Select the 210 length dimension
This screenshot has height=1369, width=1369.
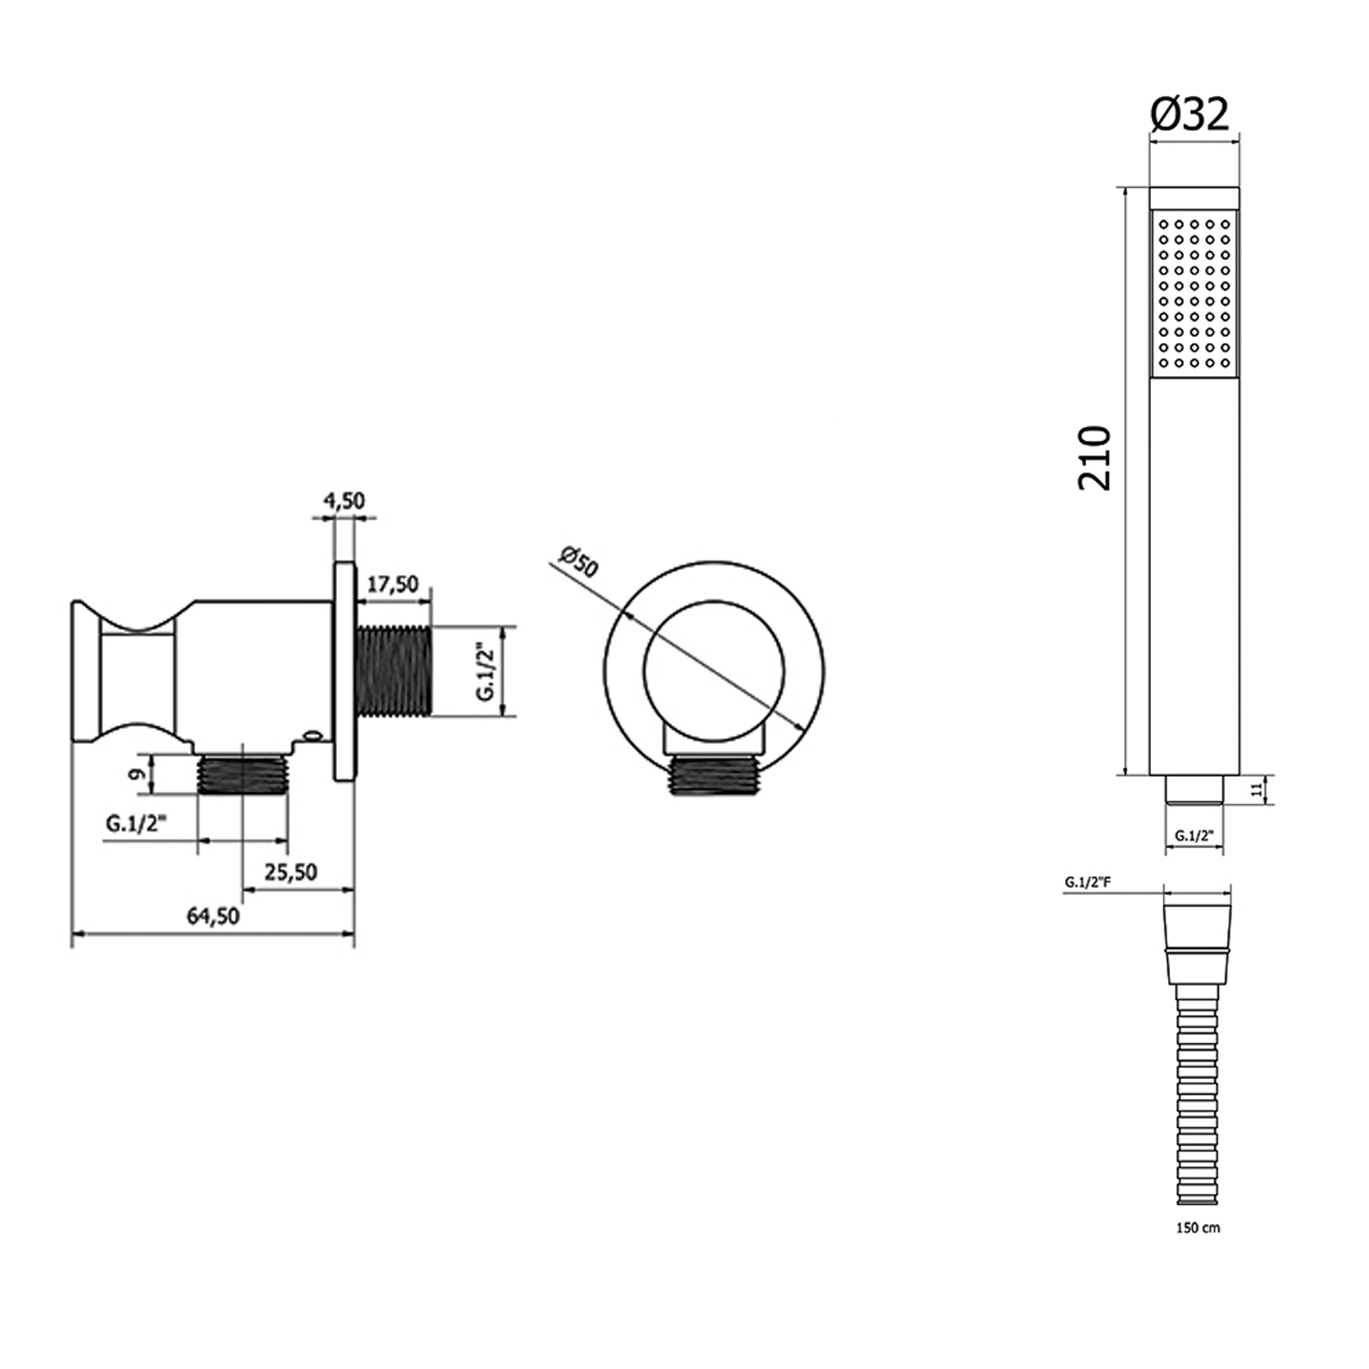pyautogui.click(x=1095, y=458)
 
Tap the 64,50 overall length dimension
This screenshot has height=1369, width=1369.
pyautogui.click(x=213, y=915)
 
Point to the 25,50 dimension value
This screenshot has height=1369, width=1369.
pyautogui.click(x=290, y=872)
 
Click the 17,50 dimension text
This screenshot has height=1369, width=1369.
pyautogui.click(x=392, y=584)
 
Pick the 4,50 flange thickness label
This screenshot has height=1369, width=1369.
pyautogui.click(x=343, y=500)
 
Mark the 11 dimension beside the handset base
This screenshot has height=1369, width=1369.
pyautogui.click(x=1257, y=788)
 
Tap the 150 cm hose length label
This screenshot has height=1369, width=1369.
pyautogui.click(x=1197, y=1228)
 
